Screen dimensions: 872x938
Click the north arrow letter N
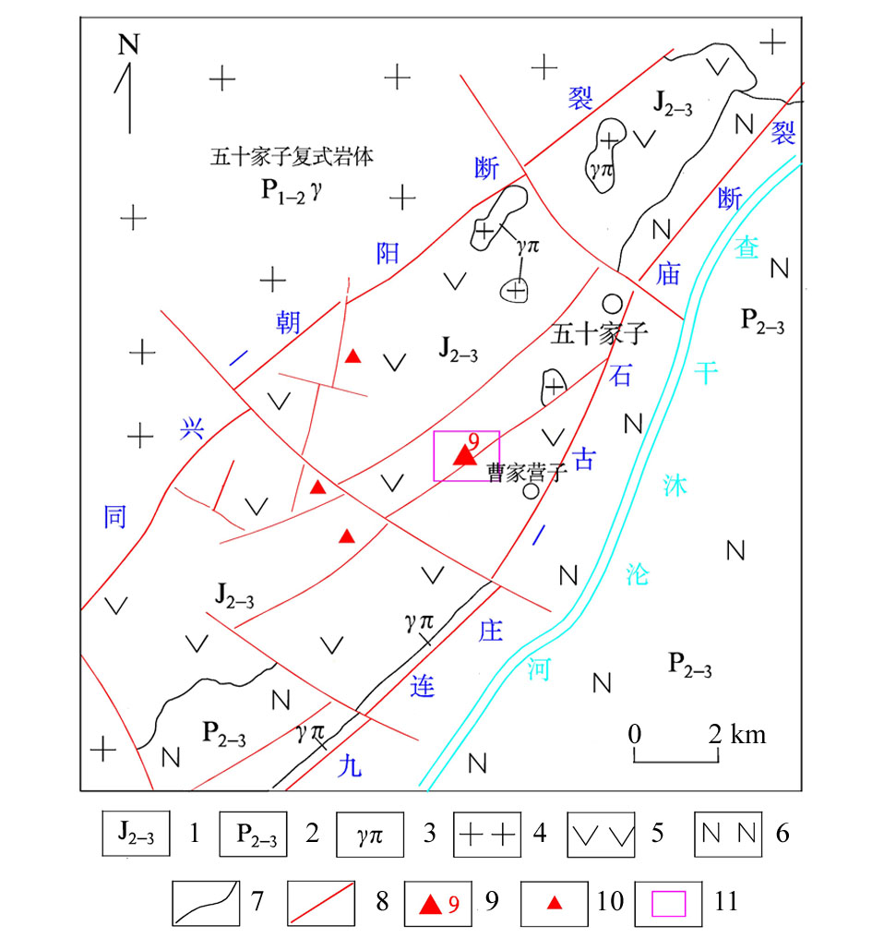coord(128,45)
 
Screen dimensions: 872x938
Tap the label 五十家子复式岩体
coord(292,157)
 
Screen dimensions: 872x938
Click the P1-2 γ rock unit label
coord(292,190)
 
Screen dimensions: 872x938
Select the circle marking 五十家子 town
coord(612,304)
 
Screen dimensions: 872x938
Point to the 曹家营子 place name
coord(526,473)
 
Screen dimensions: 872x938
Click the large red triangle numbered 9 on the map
coord(464,455)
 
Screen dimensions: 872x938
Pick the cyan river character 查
coord(747,247)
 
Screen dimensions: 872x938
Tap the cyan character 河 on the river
coord(538,668)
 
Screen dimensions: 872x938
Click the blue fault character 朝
coord(288,323)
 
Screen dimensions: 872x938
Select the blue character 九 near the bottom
coord(350,765)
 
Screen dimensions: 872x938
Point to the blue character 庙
coord(668,274)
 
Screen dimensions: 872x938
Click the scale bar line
coord(675,762)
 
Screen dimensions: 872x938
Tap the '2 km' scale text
coord(737,734)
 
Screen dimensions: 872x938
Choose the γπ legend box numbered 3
coord(370,834)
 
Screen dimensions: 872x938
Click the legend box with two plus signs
coord(487,834)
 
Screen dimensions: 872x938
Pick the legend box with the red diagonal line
coord(321,903)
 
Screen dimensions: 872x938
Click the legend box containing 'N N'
coord(728,834)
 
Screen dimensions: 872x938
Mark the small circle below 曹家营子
coord(532,491)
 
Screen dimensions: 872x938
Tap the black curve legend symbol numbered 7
coord(206,903)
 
